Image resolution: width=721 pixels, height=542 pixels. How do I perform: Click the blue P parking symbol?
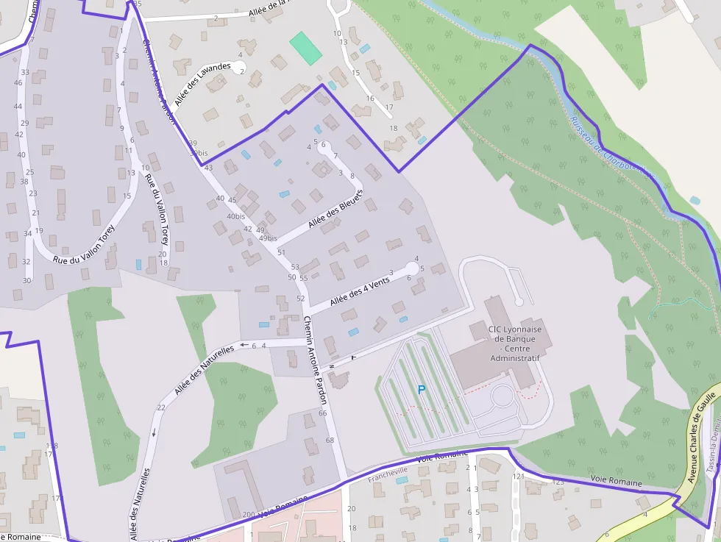click(422, 390)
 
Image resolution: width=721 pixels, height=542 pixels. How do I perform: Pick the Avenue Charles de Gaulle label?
click(702, 437)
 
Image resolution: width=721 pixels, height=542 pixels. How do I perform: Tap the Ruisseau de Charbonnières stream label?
click(611, 147)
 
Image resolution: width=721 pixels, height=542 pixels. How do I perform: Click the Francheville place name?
click(388, 471)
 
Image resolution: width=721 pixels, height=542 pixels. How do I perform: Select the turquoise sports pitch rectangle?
click(305, 48)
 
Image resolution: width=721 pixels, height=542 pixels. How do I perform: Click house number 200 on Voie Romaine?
click(248, 514)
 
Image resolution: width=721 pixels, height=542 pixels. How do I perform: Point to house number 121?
click(519, 477)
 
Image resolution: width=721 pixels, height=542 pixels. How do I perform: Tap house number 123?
click(558, 482)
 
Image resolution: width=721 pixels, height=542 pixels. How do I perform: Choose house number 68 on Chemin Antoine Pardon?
click(330, 440)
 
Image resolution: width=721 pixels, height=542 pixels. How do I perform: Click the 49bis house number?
click(268, 238)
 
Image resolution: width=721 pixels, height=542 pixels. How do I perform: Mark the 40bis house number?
click(235, 216)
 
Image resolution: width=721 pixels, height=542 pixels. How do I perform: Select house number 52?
click(300, 298)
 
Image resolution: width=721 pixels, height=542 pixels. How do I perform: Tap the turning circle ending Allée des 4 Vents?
click(412, 269)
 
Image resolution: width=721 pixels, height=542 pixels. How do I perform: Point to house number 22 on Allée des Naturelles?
click(161, 407)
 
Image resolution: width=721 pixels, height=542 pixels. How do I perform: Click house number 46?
click(18, 82)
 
